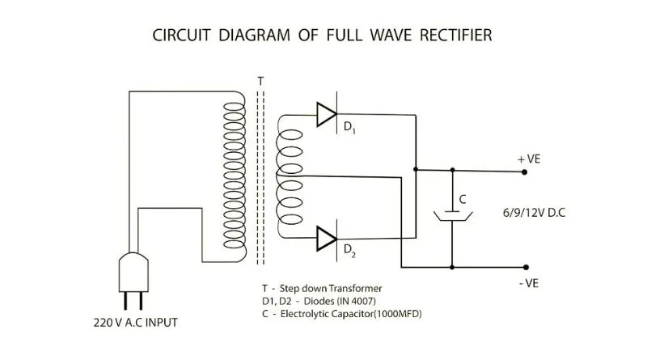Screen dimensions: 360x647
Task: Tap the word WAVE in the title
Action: (x=366, y=36)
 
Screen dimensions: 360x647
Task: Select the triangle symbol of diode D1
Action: (x=326, y=116)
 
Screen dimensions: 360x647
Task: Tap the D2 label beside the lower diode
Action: (x=349, y=251)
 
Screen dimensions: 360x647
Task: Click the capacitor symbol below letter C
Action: (x=452, y=216)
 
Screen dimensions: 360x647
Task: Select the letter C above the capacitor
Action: (x=462, y=198)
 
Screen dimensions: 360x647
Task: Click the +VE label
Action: (x=528, y=159)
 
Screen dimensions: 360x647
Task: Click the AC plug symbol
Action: (x=133, y=275)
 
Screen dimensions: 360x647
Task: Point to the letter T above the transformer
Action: (x=260, y=82)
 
